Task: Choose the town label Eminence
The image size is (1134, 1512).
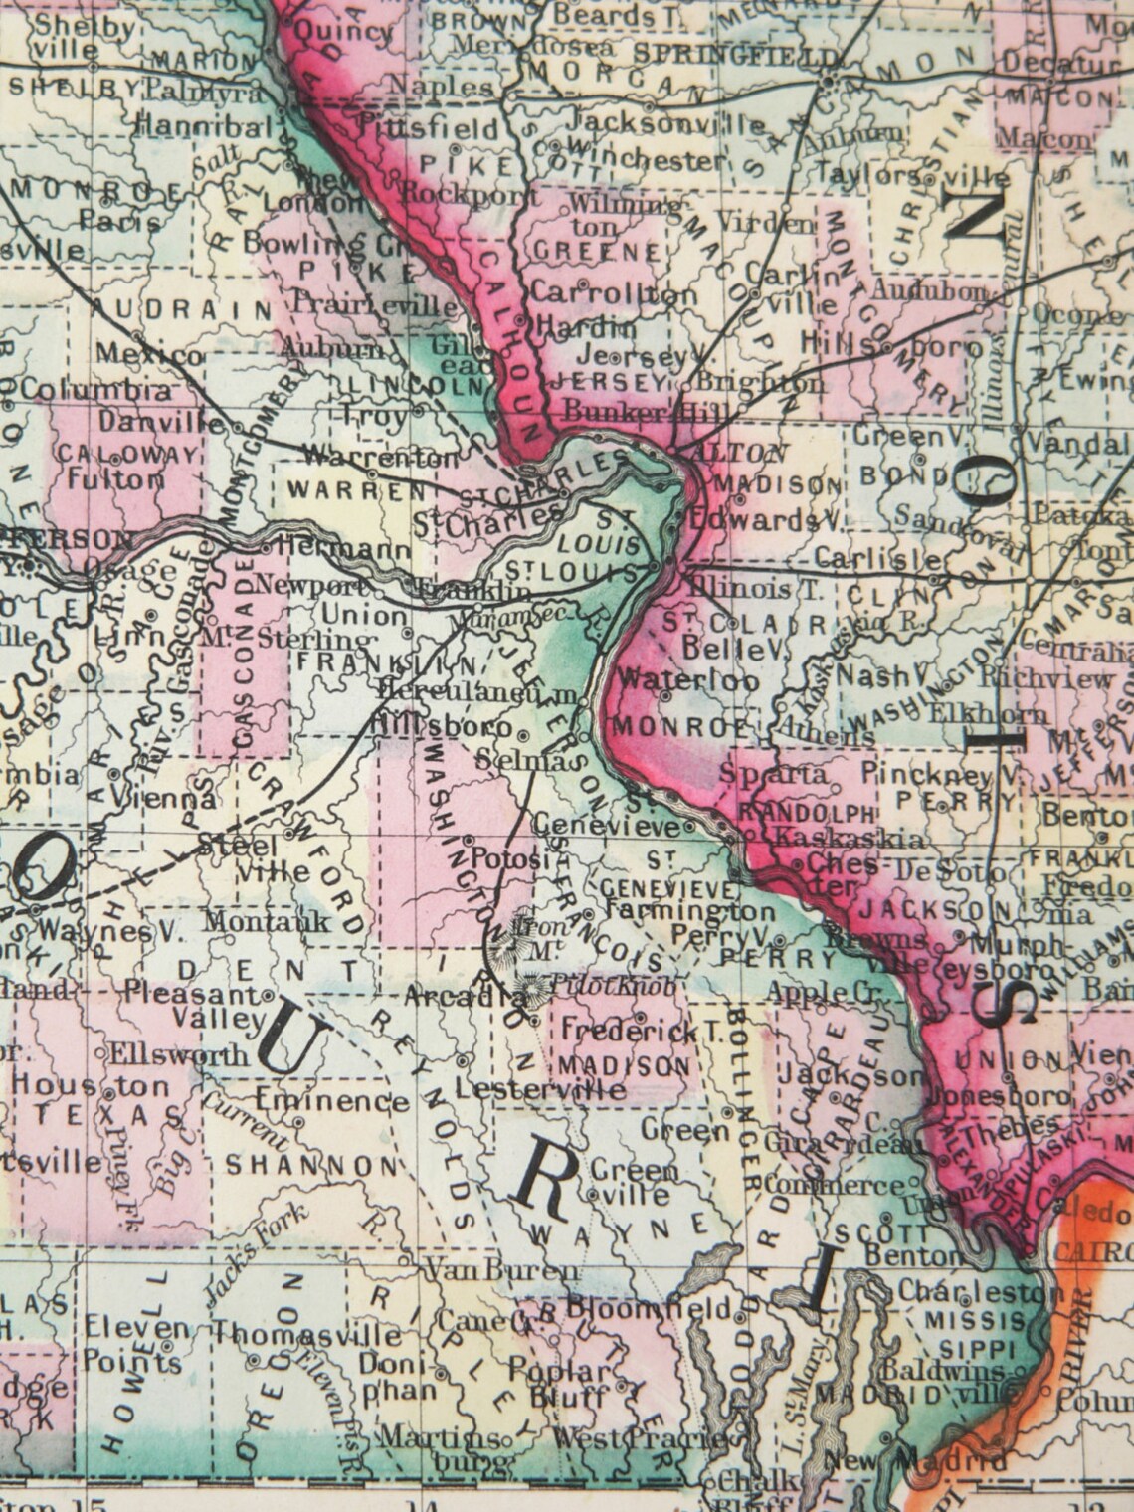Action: click(x=331, y=1101)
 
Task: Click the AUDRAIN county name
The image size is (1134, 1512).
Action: click(x=186, y=309)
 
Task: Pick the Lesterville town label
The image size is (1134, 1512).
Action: click(x=540, y=1088)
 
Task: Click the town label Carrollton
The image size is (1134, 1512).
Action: click(x=614, y=293)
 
